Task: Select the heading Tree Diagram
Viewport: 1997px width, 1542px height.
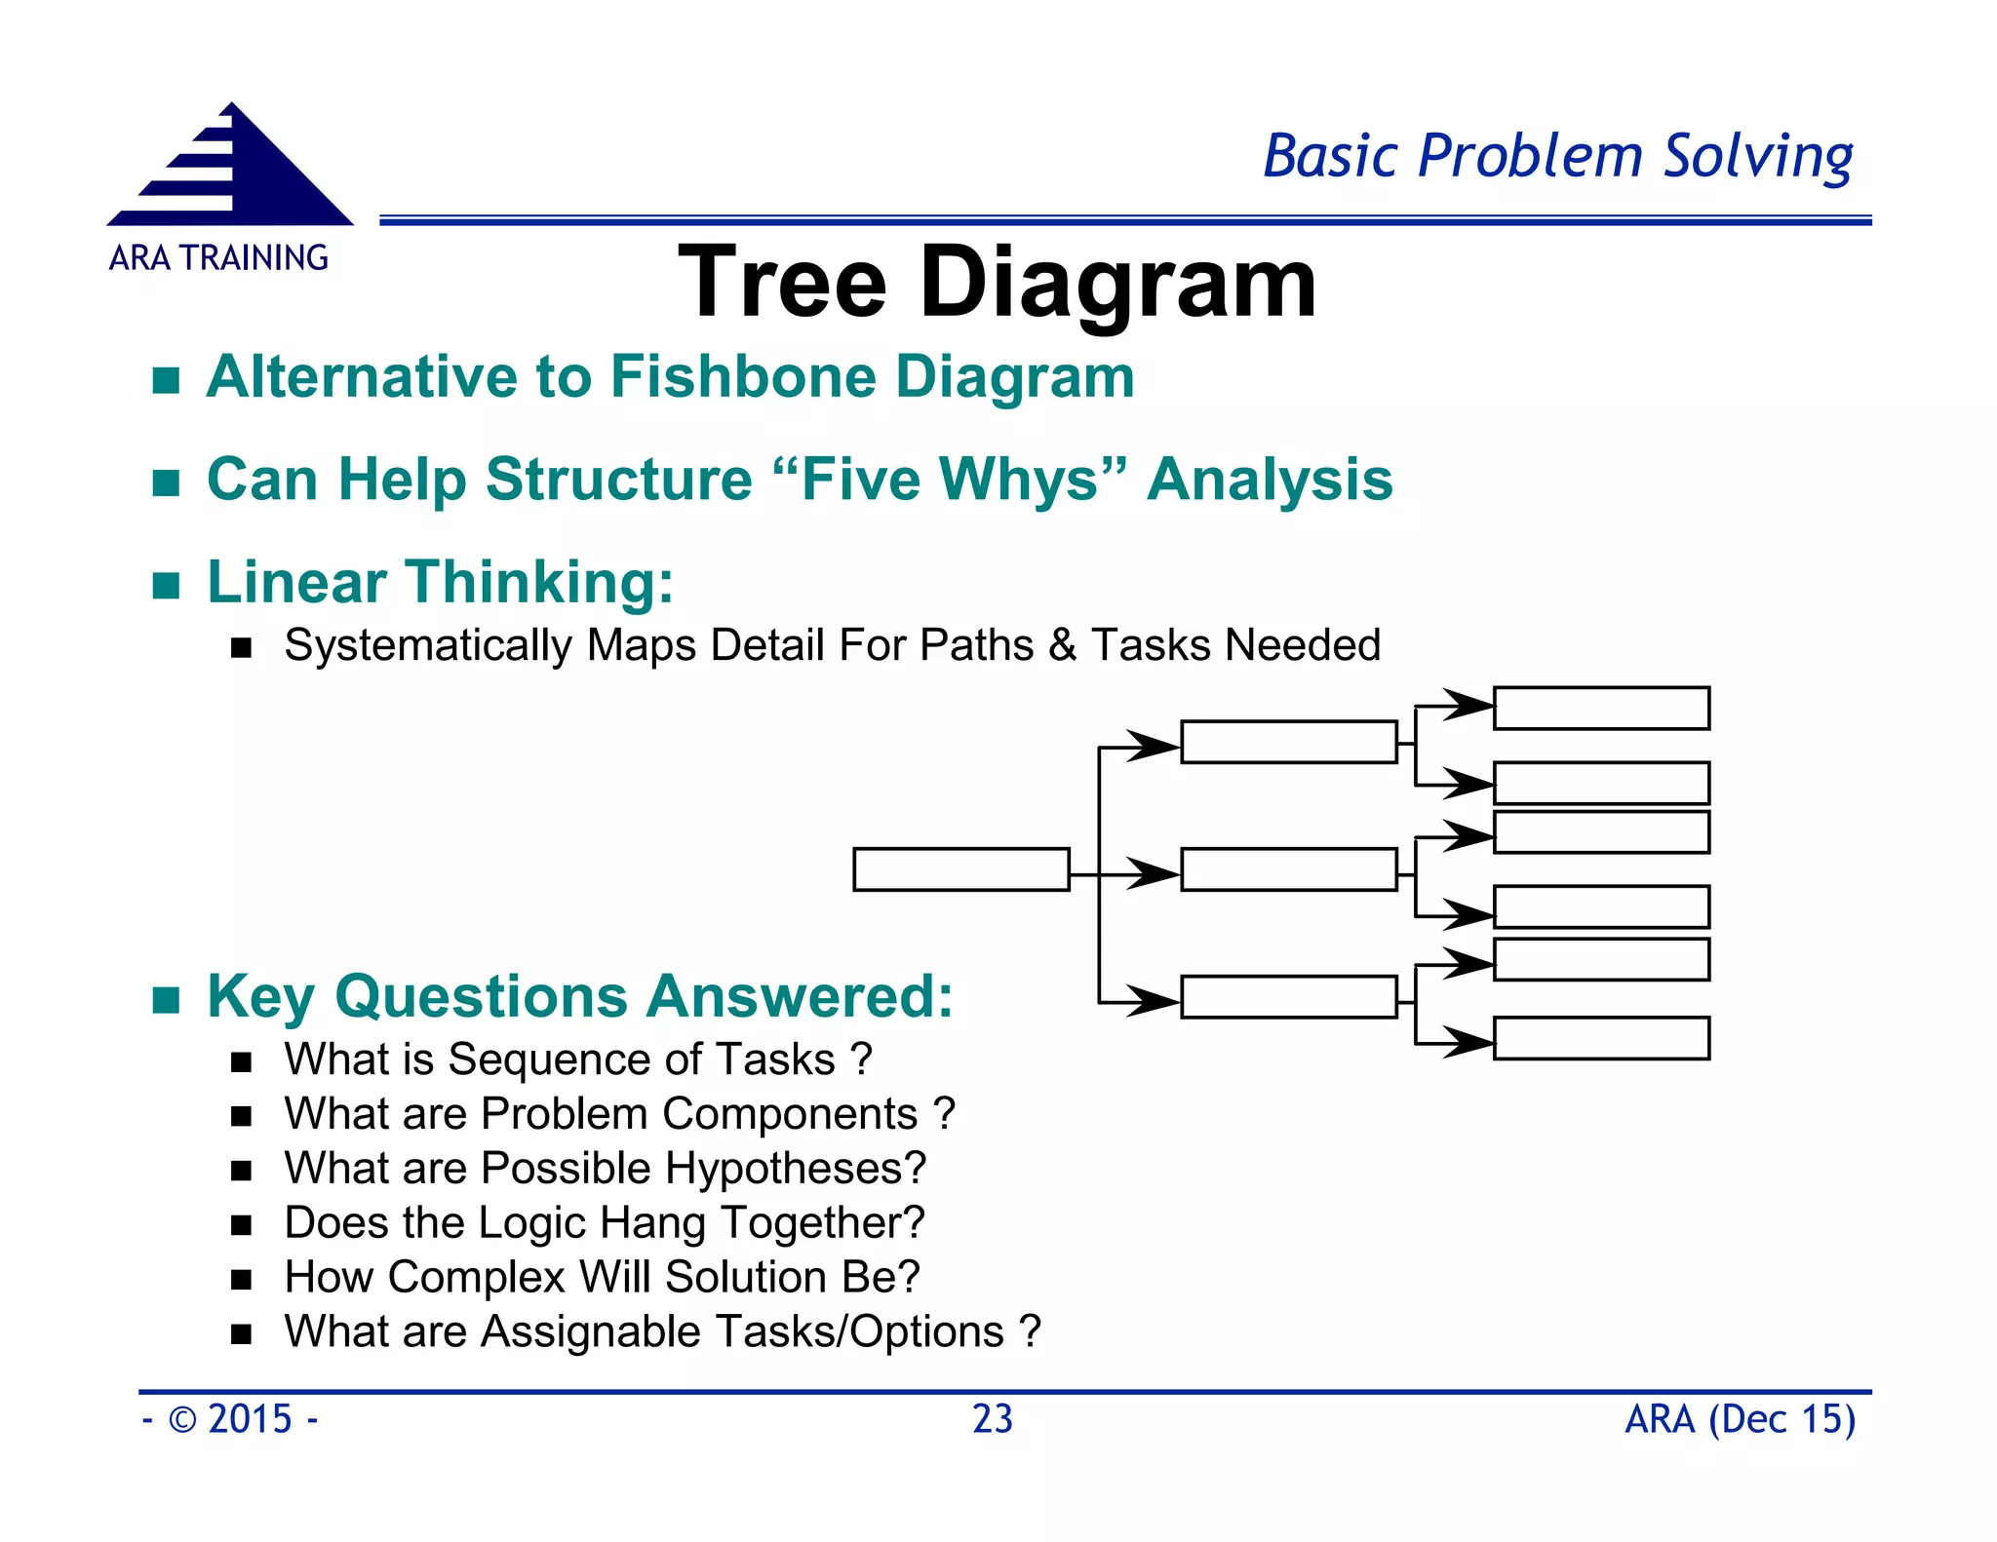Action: pyautogui.click(x=997, y=283)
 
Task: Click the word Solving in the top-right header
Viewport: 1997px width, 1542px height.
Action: pyautogui.click(x=1757, y=156)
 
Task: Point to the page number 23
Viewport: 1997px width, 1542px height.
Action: pyautogui.click(x=993, y=1419)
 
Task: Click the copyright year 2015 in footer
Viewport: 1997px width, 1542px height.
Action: pyautogui.click(x=250, y=1419)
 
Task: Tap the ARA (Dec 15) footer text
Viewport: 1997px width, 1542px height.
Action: pyautogui.click(x=1740, y=1419)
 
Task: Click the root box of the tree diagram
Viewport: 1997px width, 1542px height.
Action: pyautogui.click(x=960, y=868)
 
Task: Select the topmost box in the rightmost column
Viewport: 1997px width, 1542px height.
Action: pyautogui.click(x=1601, y=708)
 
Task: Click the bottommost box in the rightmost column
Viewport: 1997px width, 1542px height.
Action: pyautogui.click(x=1601, y=1038)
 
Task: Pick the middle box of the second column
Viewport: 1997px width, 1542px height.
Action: pyautogui.click(x=1288, y=868)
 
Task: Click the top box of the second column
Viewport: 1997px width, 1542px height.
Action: pyautogui.click(x=1288, y=742)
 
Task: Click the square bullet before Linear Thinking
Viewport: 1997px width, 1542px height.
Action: pyautogui.click(x=167, y=586)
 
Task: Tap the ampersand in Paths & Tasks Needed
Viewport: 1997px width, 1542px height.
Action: pyautogui.click(x=1062, y=645)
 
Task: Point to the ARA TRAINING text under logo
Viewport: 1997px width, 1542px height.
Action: pyautogui.click(x=218, y=258)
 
